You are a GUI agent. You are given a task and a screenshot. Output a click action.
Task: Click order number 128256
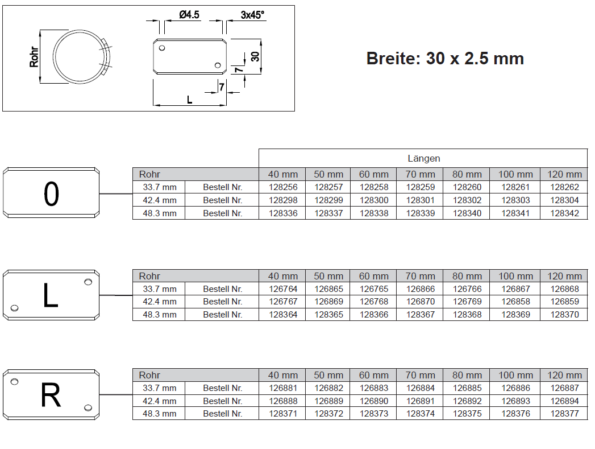point(283,187)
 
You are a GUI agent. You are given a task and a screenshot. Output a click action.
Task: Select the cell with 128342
point(564,213)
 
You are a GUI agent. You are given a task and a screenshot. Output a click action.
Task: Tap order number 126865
point(328,289)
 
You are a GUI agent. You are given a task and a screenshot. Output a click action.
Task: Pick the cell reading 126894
point(564,401)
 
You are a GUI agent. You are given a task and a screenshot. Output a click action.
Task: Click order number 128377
point(564,414)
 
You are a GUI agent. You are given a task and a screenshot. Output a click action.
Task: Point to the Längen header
point(423,158)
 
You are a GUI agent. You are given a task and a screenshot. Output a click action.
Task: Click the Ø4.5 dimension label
point(189,15)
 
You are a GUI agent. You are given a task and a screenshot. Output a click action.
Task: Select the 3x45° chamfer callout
point(253,15)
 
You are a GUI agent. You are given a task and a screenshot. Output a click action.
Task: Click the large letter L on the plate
point(51,296)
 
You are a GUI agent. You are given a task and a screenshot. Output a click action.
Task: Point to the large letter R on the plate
point(51,395)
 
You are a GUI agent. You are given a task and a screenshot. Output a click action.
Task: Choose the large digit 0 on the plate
point(51,195)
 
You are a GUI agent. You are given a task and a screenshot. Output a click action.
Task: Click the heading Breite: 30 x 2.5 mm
point(445,59)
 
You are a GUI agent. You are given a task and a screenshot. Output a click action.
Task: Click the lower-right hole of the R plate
point(88,407)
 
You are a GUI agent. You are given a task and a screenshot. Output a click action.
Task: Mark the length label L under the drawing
point(190,100)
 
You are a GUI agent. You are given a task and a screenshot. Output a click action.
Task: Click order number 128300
point(374,200)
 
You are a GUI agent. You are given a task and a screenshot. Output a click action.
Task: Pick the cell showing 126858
point(515,302)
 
